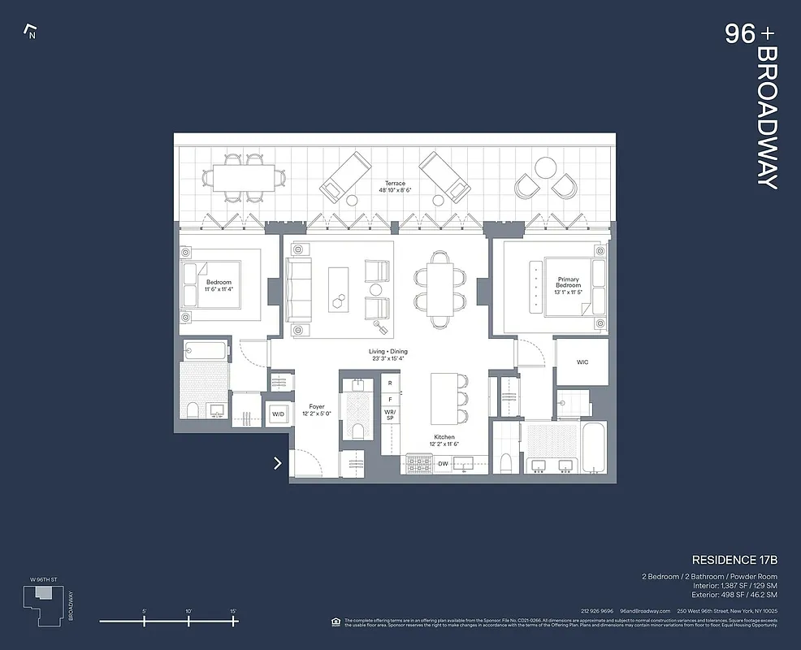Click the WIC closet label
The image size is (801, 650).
[582, 362]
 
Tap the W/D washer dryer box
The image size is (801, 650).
[278, 414]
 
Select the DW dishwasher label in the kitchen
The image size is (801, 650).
[443, 464]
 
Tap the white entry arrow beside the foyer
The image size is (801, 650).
[278, 463]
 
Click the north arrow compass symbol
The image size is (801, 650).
[31, 32]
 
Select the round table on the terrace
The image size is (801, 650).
[545, 168]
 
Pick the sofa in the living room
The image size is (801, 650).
[298, 288]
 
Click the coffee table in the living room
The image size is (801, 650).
[338, 288]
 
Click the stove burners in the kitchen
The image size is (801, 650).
[419, 464]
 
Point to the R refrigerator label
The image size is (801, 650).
[390, 383]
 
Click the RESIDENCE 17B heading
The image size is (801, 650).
[734, 560]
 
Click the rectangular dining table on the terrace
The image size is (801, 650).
[245, 176]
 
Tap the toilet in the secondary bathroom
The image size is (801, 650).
[193, 410]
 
